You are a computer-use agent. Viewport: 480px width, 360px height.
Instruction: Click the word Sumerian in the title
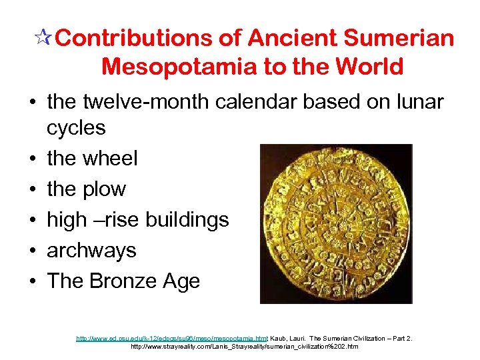[x=399, y=39]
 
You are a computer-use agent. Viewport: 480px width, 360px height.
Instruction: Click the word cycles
[x=76, y=127]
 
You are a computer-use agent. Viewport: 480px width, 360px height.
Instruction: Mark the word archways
[x=91, y=251]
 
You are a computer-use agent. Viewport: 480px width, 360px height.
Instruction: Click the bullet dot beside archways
[x=31, y=251]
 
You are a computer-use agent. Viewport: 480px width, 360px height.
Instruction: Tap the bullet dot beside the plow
[x=31, y=190]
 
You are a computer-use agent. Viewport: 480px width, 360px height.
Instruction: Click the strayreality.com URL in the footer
[x=244, y=347]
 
